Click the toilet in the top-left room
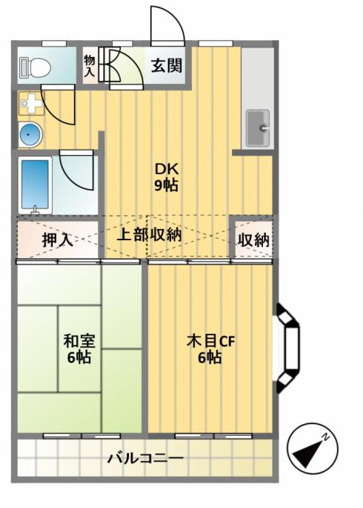[36, 67]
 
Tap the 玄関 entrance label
[167, 66]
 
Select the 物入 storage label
[90, 66]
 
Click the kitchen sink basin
[258, 128]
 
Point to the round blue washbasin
[30, 134]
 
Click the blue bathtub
[35, 185]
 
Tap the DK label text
[167, 169]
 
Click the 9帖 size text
[166, 185]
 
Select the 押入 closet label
[57, 240]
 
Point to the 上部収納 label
[149, 234]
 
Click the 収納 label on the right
[253, 240]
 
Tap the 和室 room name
[79, 341]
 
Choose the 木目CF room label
[210, 341]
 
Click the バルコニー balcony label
[146, 458]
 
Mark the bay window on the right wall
[288, 348]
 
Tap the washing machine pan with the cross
[31, 103]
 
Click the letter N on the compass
[325, 437]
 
